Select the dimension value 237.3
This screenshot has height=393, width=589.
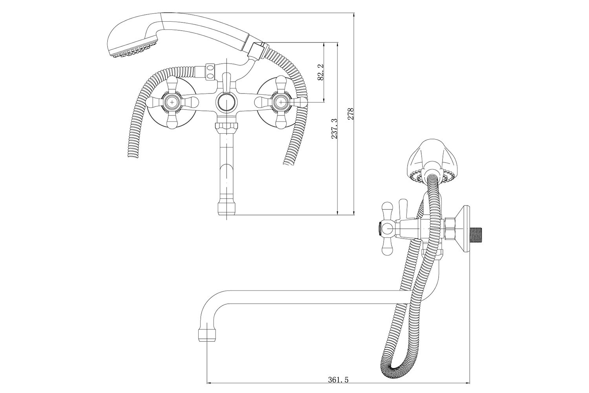click(334, 129)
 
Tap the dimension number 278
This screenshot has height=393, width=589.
click(351, 114)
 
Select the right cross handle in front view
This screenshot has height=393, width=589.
click(280, 103)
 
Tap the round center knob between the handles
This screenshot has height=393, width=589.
click(226, 103)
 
